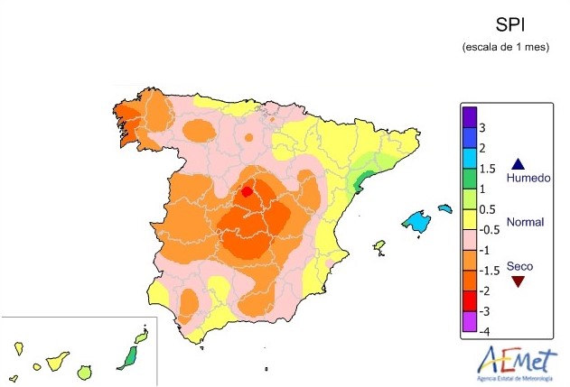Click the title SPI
coord(506,24)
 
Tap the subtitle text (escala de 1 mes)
coord(505,46)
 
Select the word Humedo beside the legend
coord(528,179)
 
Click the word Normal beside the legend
coord(525,222)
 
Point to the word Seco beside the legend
coord(519,266)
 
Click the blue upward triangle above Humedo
coord(519,164)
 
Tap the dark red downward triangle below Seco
coord(519,281)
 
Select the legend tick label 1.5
coord(487,169)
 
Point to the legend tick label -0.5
coord(488,230)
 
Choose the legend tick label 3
coord(483,127)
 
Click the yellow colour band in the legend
coord(469,219)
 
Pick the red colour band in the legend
coord(469,301)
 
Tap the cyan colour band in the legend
coord(469,158)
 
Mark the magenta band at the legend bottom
coord(469,322)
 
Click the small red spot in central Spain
coord(246,192)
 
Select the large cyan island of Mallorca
coord(416,219)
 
